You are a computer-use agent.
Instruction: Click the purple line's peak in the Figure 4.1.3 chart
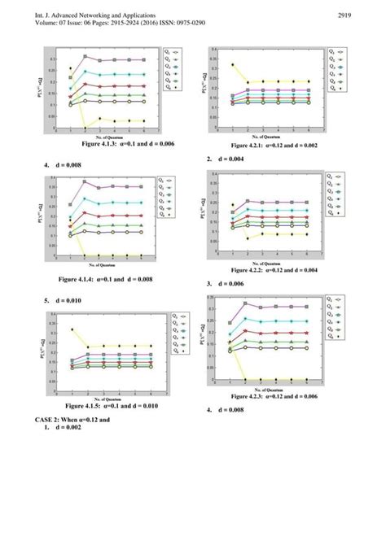[x=85, y=56]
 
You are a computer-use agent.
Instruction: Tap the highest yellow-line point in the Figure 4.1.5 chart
[x=72, y=329]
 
